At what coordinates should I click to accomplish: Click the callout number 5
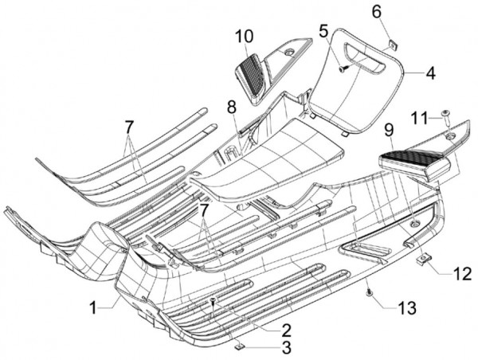point(323,32)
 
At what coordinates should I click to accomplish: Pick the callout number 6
point(377,11)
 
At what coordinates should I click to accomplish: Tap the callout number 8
point(231,105)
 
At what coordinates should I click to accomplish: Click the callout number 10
point(244,36)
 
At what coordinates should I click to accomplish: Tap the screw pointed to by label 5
point(343,69)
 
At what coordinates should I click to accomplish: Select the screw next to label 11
point(445,118)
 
